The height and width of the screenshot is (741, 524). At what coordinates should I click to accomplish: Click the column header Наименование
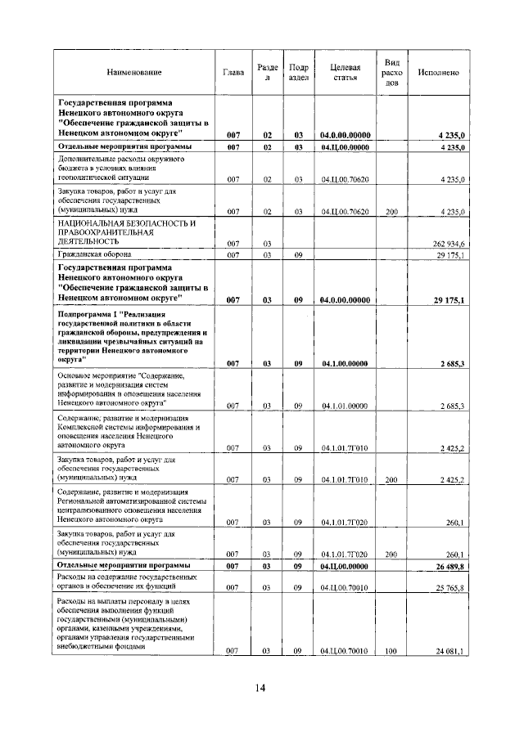pos(133,73)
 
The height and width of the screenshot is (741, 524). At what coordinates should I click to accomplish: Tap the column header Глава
pos(233,73)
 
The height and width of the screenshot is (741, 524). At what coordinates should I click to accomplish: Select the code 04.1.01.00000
pos(345,406)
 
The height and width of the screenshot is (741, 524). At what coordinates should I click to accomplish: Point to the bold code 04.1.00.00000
pos(345,363)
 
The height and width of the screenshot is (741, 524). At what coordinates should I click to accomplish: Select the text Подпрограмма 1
pos(90,314)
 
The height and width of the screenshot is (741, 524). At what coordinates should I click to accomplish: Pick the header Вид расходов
pos(392,73)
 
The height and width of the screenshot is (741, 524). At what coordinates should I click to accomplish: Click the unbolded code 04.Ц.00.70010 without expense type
pos(345,588)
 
